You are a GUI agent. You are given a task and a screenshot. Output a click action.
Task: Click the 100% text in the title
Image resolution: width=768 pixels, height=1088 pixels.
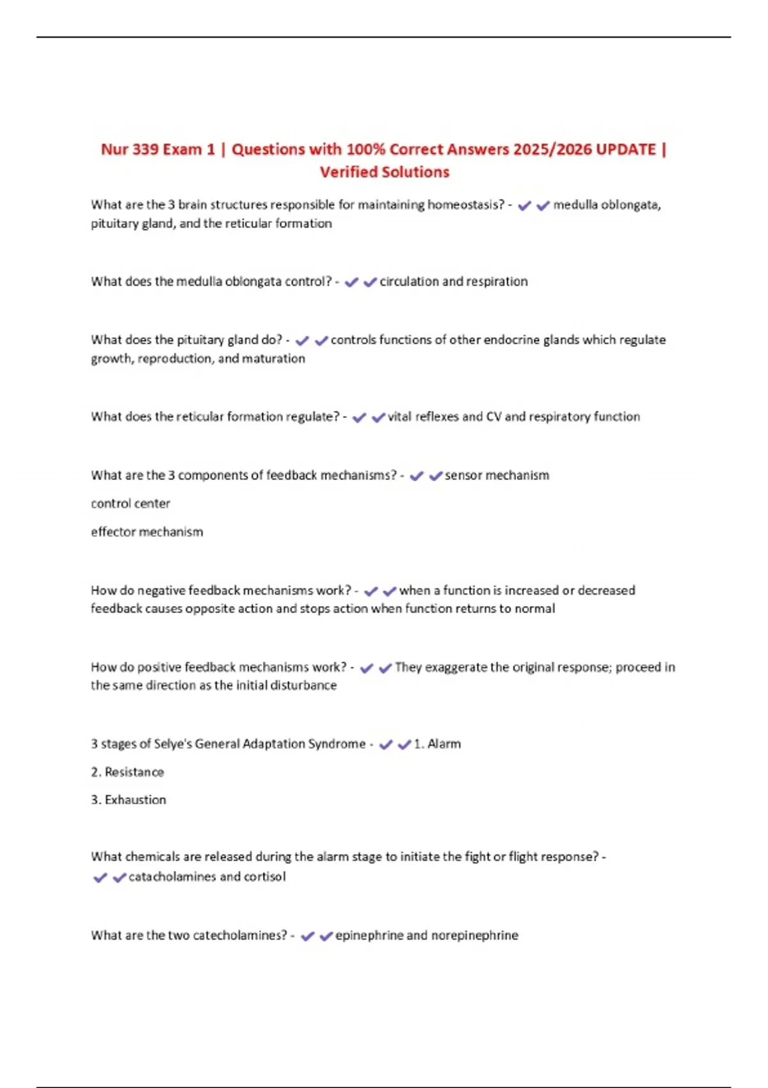366,150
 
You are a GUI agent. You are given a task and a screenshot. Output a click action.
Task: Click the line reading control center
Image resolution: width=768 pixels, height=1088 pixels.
131,504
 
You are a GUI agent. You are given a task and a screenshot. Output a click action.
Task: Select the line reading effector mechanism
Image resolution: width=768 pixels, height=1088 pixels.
147,532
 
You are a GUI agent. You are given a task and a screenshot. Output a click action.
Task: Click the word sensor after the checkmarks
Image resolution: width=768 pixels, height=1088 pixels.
463,476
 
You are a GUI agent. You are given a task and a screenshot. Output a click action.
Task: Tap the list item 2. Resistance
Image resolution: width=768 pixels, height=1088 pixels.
127,772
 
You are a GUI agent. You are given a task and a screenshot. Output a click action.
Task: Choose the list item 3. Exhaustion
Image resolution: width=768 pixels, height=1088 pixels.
128,800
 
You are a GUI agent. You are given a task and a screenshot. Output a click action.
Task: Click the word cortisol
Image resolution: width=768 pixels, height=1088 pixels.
265,877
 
